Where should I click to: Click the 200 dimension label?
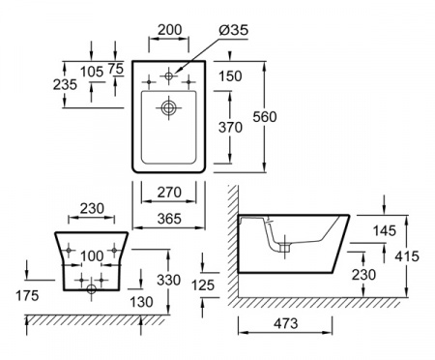click(x=170, y=30)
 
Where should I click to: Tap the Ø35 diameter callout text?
click(x=234, y=30)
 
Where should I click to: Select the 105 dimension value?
click(x=92, y=72)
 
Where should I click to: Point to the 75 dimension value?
click(x=116, y=69)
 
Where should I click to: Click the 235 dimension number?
click(x=65, y=84)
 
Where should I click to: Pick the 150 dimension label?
click(x=230, y=76)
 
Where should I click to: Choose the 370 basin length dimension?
click(x=230, y=128)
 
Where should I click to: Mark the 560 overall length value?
click(x=265, y=116)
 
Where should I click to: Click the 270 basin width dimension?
click(x=169, y=193)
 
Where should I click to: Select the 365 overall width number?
click(x=169, y=219)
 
